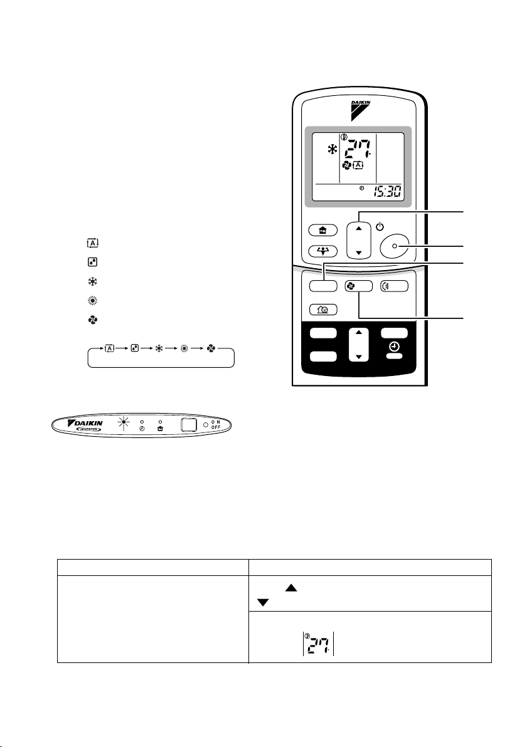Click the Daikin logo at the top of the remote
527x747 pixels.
pyautogui.click(x=360, y=110)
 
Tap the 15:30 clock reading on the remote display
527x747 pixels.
pyautogui.click(x=387, y=192)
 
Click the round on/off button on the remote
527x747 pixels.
pyautogui.click(x=395, y=246)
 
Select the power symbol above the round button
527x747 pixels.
pyautogui.click(x=380, y=227)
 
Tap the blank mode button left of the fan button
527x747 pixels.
pyautogui.click(x=323, y=286)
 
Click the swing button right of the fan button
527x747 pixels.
pyautogui.click(x=394, y=286)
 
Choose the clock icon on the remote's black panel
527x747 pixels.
pyautogui.click(x=394, y=347)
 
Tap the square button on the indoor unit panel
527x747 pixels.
pyautogui.click(x=189, y=424)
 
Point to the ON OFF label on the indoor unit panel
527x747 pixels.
pyautogui.click(x=216, y=424)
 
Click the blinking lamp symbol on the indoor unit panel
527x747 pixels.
pyautogui.click(x=124, y=422)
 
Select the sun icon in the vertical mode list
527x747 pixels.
pyautogui.click(x=92, y=301)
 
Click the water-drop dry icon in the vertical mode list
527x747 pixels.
pyautogui.click(x=92, y=262)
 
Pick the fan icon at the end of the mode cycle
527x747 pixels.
pyautogui.click(x=211, y=348)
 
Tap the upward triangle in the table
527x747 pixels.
pyautogui.click(x=291, y=588)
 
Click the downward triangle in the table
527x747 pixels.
pyautogui.click(x=263, y=603)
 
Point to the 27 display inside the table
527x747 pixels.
pyautogui.click(x=318, y=644)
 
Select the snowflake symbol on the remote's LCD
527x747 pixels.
pyautogui.click(x=331, y=150)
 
